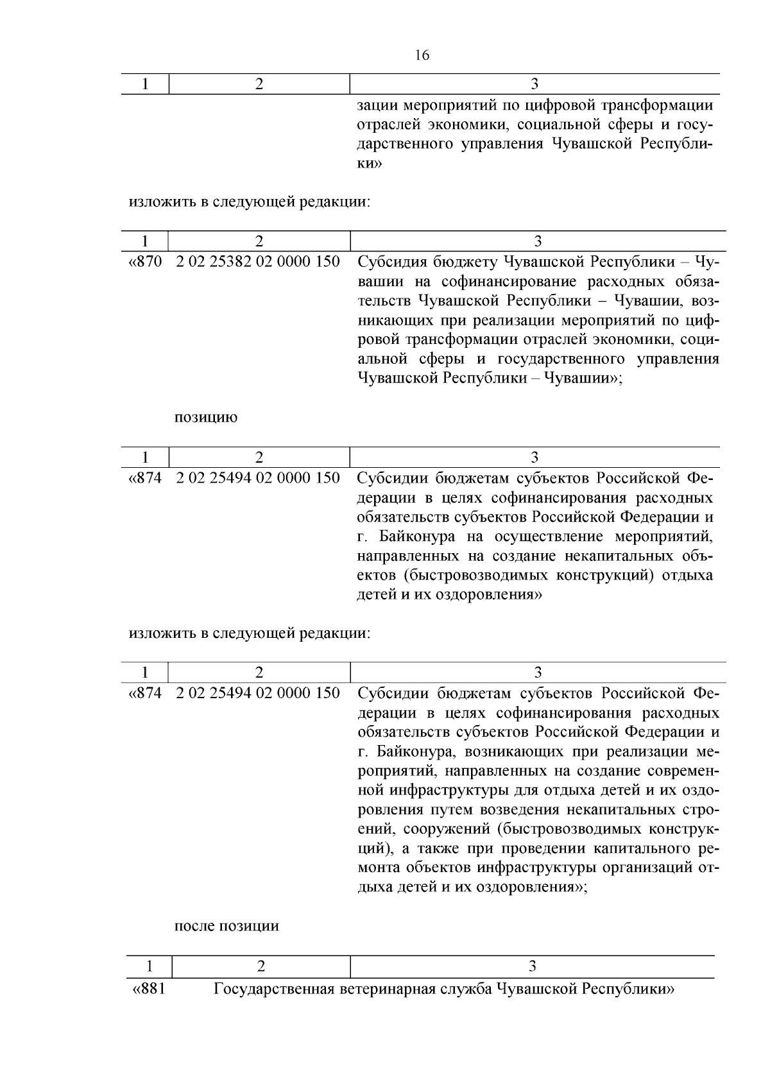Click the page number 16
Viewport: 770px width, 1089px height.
[x=422, y=55]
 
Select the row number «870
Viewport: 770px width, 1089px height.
[x=146, y=262]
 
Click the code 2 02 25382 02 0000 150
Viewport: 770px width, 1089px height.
[x=258, y=262]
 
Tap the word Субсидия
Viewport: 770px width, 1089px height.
[x=391, y=262]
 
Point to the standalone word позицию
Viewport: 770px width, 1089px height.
[x=205, y=418]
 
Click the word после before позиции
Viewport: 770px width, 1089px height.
[x=194, y=926]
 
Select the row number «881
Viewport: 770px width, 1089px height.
[x=148, y=989]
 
